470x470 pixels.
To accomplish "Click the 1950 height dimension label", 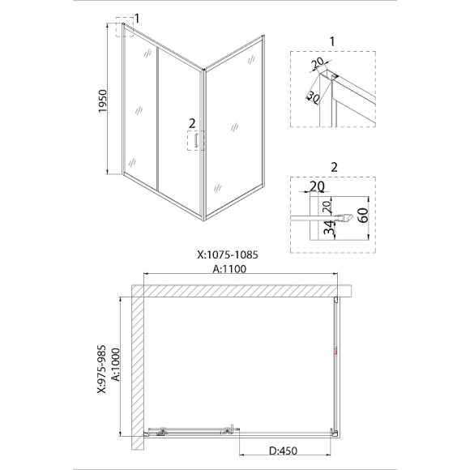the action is (x=103, y=101).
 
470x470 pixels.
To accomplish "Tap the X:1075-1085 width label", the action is (x=228, y=254).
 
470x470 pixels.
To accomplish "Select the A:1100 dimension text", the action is (x=229, y=269).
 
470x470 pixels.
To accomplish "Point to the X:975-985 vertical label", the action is (x=102, y=369).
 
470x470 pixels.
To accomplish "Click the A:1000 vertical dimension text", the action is (x=115, y=365).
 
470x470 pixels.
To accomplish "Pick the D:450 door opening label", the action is (x=283, y=451).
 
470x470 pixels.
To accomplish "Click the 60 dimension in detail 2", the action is (x=364, y=216).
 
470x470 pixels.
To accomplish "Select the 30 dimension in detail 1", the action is (x=314, y=97).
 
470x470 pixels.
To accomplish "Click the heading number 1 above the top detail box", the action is (x=332, y=41).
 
